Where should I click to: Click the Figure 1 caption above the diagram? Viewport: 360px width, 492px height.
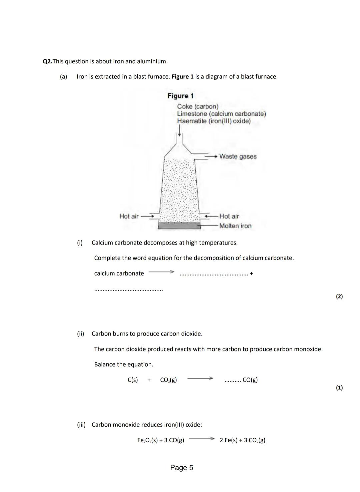(x=180, y=96)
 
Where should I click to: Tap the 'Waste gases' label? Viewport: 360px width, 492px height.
(x=238, y=156)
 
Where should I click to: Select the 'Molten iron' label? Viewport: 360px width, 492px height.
(x=235, y=226)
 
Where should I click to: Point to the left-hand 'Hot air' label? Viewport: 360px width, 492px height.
(x=129, y=216)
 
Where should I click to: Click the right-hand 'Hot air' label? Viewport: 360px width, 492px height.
(x=229, y=216)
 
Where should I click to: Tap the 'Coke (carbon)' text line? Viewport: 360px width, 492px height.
(x=198, y=106)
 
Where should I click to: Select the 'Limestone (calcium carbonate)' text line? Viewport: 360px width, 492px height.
(x=221, y=114)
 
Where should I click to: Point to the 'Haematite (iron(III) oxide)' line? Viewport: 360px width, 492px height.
(x=214, y=121)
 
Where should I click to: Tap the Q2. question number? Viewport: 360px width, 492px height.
(x=48, y=61)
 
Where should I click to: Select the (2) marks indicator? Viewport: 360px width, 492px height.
(x=339, y=296)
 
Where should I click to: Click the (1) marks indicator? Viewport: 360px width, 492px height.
(x=339, y=387)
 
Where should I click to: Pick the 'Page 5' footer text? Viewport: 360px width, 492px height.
(x=181, y=467)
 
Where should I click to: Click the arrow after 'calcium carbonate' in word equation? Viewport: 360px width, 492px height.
(x=161, y=272)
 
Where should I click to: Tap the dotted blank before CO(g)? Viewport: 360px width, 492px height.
(x=232, y=381)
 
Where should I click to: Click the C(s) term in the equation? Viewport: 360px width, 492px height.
(x=133, y=380)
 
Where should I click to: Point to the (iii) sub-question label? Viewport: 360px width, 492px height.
(x=81, y=425)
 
